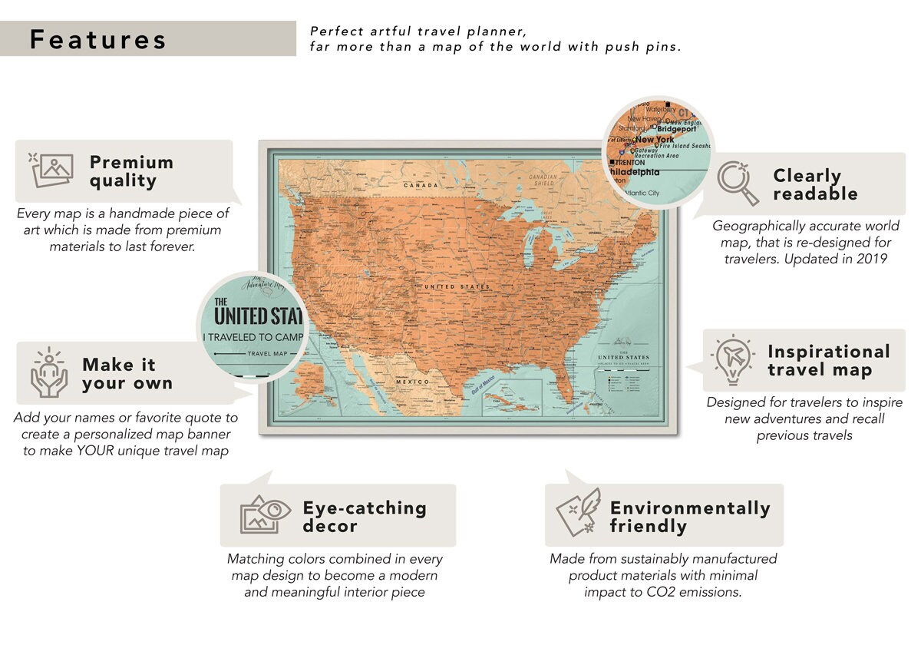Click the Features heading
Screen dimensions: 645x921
(98, 39)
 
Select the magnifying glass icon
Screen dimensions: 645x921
(738, 184)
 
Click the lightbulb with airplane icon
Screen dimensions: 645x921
(731, 360)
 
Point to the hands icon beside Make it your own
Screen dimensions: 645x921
(49, 372)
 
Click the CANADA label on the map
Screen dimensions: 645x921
(421, 185)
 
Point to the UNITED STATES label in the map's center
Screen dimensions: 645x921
(457, 286)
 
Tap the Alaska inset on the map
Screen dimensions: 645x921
(314, 384)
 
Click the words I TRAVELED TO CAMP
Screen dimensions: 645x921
(253, 337)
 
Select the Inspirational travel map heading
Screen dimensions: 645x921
(828, 361)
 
